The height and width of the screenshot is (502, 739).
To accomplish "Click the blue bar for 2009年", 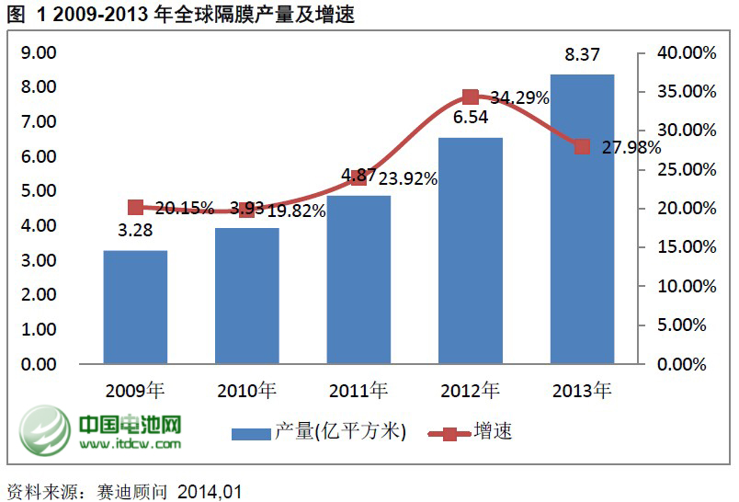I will [x=135, y=306].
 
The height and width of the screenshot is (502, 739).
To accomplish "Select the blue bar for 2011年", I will [x=358, y=279].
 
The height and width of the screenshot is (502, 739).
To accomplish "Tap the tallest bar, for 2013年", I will [x=582, y=218].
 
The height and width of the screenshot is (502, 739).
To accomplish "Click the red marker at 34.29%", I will [x=471, y=97].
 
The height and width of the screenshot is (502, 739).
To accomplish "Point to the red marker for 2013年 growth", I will [x=582, y=146].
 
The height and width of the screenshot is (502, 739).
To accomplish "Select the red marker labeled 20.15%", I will [x=135, y=207].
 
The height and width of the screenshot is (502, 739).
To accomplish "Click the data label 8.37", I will [x=582, y=57].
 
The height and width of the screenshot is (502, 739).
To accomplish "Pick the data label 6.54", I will [x=471, y=118].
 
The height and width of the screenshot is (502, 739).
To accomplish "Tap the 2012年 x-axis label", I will [x=470, y=390].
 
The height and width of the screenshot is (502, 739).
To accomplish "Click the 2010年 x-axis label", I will [x=246, y=390].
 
